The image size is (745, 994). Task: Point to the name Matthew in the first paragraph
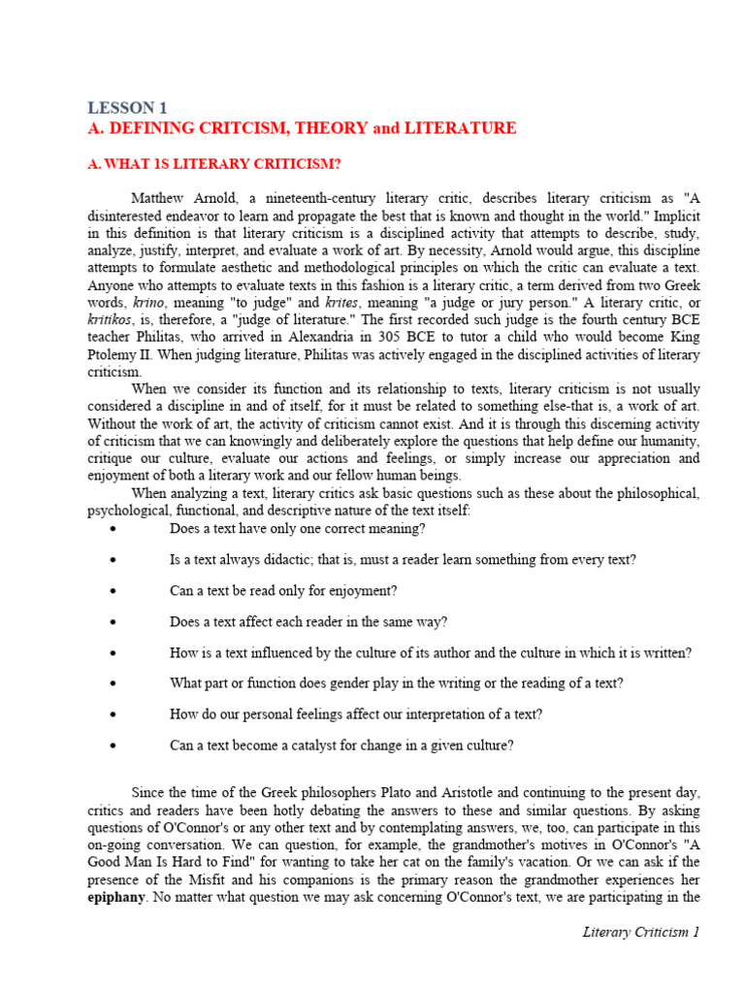[x=161, y=199]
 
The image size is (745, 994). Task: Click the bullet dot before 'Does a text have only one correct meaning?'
[x=114, y=529]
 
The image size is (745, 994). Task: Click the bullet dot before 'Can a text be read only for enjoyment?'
[x=114, y=591]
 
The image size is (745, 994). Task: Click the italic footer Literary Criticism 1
[x=640, y=933]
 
